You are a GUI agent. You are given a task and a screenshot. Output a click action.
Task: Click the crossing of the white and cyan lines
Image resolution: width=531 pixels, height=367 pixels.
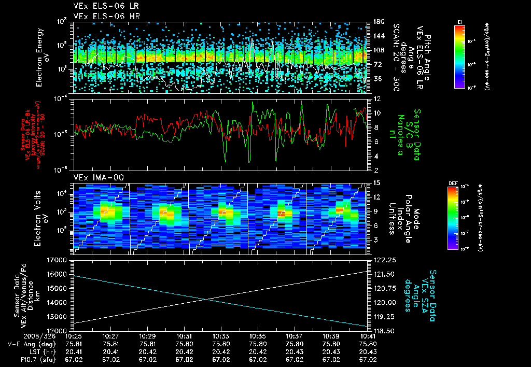[208, 299]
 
